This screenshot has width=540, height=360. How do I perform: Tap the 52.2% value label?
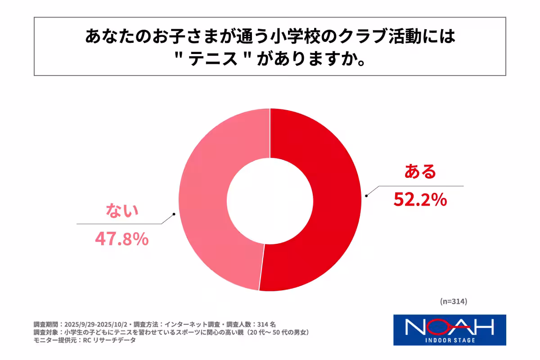(x=420, y=198)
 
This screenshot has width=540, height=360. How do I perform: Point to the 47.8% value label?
(x=121, y=239)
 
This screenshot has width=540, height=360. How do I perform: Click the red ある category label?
(x=420, y=171)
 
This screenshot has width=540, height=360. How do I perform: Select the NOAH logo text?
(x=450, y=326)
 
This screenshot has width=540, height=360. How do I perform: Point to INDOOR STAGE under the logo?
(x=450, y=340)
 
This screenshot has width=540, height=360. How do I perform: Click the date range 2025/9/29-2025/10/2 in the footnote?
(x=97, y=324)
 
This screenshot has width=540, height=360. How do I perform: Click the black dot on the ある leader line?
(x=367, y=195)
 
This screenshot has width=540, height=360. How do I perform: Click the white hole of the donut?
(x=270, y=199)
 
